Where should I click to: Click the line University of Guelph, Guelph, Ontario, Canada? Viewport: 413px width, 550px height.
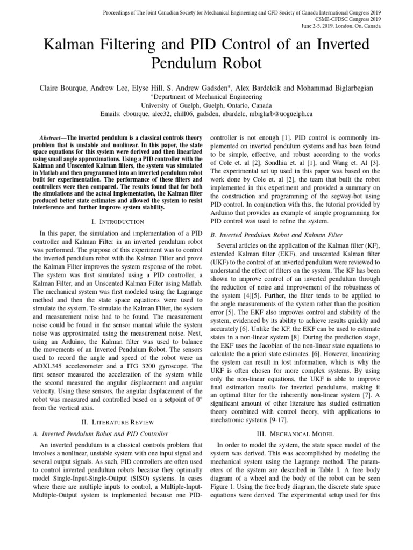[206, 105]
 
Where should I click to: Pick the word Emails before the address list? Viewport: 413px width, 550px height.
[112, 114]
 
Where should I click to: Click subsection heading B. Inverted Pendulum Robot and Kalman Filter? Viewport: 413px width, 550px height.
[280, 234]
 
